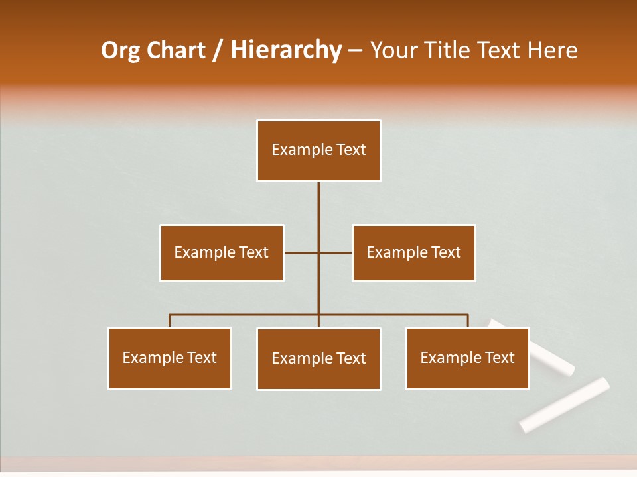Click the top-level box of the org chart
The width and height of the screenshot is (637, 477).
click(x=318, y=150)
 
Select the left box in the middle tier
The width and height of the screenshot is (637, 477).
click(x=222, y=253)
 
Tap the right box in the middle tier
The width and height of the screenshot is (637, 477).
click(x=413, y=253)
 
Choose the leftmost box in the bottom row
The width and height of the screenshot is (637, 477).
click(x=170, y=358)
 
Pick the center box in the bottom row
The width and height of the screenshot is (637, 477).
click(x=318, y=359)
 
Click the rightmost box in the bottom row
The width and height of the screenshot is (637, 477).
click(x=467, y=358)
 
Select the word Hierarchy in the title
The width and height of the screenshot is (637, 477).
click(x=285, y=50)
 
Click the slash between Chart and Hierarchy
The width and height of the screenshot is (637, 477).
click(x=218, y=50)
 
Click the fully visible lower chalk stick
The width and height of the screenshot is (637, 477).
click(x=565, y=404)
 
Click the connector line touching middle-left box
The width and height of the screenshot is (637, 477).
click(x=301, y=253)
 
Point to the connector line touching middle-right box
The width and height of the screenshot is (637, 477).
click(x=336, y=253)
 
